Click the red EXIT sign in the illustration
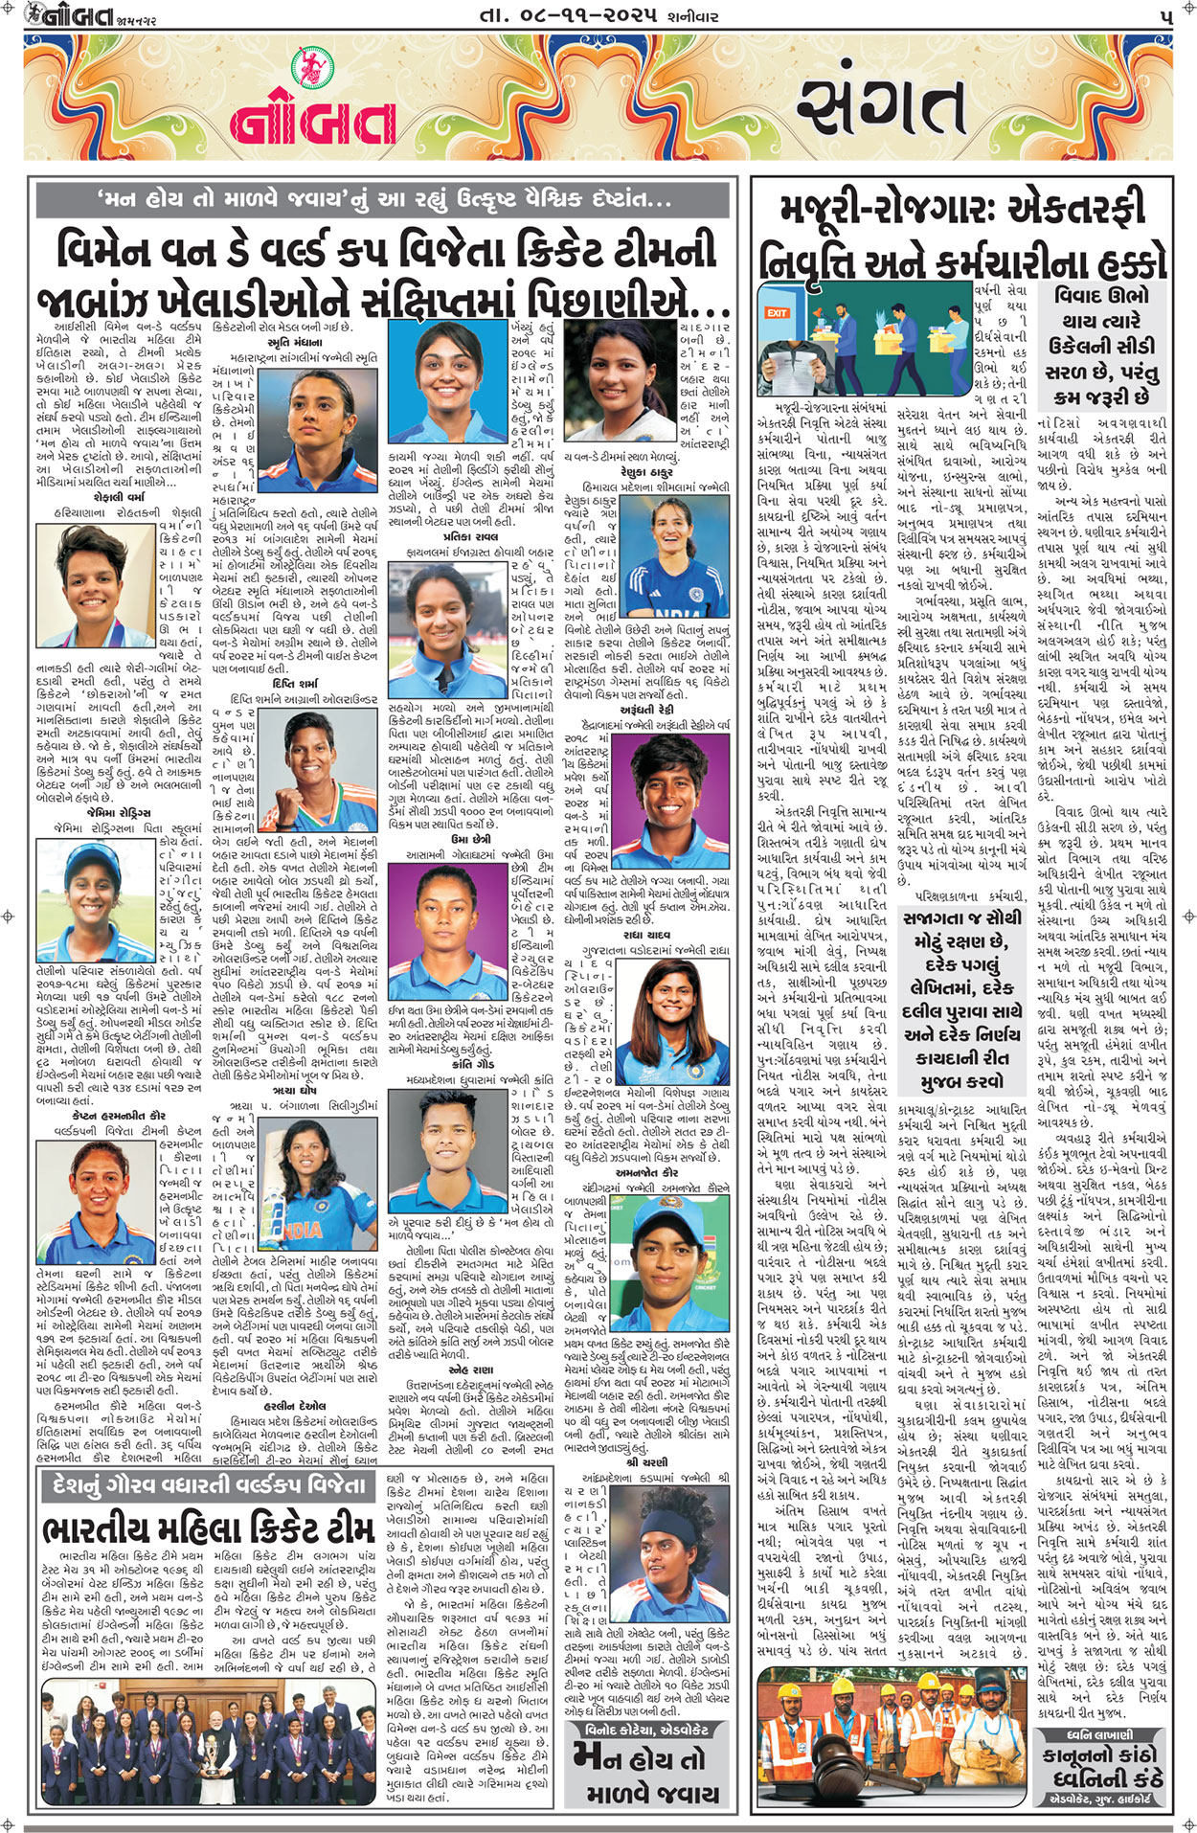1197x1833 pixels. click(776, 313)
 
